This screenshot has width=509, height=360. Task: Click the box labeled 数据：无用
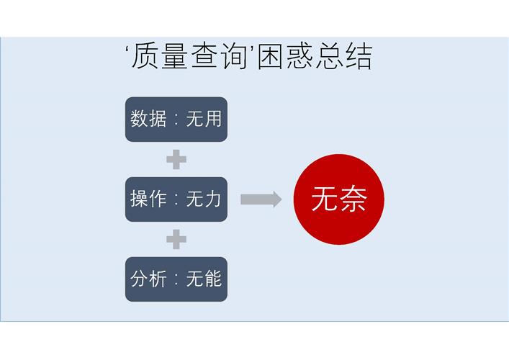176,119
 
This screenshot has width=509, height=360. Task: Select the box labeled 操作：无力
176,199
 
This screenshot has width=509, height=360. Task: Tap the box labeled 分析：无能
176,279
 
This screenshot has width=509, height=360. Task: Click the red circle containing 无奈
339,199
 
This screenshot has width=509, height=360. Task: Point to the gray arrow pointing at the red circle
261,199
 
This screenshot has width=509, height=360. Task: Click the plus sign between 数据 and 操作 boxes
176,159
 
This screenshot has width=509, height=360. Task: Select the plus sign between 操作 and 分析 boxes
176,239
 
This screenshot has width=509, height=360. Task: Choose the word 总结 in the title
344,56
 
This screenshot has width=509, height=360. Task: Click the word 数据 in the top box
148,119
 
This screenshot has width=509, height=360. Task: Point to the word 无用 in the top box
204,119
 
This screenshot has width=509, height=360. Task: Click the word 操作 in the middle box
148,199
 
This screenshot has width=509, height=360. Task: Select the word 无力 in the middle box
204,199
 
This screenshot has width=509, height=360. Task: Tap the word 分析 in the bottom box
148,279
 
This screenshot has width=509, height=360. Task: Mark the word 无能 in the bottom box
204,279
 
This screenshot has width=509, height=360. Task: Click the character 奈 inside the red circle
353,199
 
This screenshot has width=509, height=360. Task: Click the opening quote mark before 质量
127,50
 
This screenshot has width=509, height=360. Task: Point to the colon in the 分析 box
176,279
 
